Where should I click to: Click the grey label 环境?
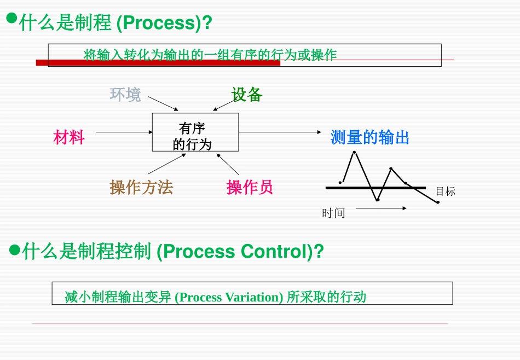(125, 95)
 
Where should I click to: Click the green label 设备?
(247, 95)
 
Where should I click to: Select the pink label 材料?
(69, 137)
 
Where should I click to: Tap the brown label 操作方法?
(141, 188)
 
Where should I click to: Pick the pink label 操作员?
(250, 188)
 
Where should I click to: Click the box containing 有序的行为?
(195, 132)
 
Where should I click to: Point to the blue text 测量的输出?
(370, 137)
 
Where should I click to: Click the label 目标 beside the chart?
(445, 191)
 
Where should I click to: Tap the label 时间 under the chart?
(333, 213)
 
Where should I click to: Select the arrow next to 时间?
(381, 208)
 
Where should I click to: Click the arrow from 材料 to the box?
(124, 132)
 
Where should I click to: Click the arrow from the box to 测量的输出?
(280, 132)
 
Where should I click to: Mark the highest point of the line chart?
(354, 152)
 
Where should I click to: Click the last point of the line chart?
(438, 202)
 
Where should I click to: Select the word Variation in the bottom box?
(255, 297)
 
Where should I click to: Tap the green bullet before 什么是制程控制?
(15, 251)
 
